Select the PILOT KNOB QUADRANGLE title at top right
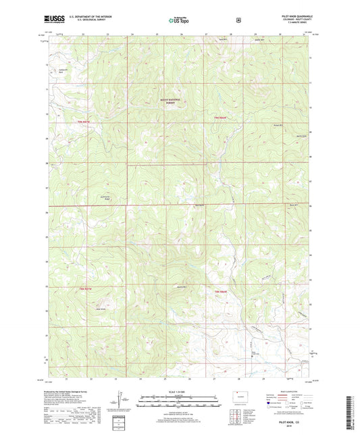[291, 15]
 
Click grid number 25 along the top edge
[156, 33]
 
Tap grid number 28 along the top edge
[230, 33]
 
